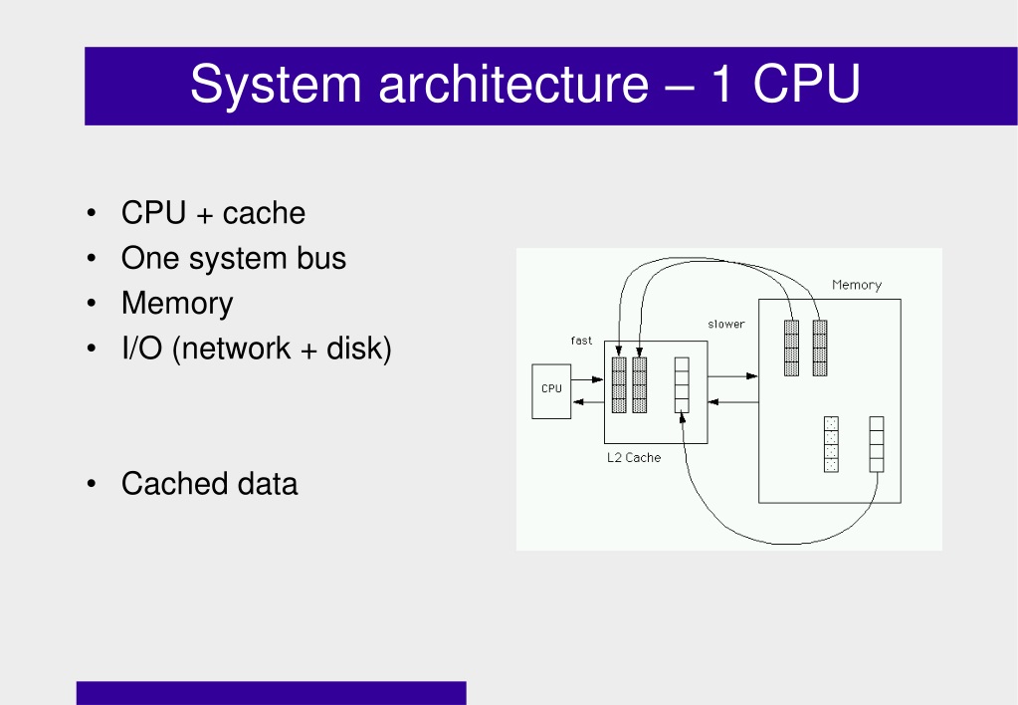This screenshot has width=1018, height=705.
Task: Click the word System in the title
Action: pos(276,85)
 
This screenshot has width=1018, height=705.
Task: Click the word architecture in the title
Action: pos(513,84)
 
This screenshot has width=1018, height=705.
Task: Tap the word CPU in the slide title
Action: pos(806,84)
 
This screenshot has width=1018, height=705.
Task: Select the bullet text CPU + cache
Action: pos(213,213)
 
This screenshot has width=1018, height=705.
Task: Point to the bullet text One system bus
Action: pos(234,258)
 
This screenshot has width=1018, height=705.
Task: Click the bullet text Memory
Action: pos(176,304)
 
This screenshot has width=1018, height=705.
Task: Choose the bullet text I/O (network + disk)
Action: pos(257,349)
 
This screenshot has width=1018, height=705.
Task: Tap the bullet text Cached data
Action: pos(209,484)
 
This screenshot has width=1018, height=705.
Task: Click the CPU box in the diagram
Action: pos(551,391)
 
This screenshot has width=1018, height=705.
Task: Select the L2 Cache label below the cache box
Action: pos(634,457)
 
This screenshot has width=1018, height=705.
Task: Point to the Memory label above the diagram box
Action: pos(857,285)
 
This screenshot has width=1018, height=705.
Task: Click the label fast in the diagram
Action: pos(581,341)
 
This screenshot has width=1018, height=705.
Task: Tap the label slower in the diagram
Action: pos(725,324)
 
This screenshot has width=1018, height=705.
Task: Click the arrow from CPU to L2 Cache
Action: pos(587,379)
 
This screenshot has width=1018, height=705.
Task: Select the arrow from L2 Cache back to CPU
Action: pos(588,402)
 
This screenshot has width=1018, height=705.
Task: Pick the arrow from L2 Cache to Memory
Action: pos(733,376)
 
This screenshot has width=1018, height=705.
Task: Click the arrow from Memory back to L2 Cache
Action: pos(733,402)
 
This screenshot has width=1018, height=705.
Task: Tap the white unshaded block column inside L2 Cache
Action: pos(682,384)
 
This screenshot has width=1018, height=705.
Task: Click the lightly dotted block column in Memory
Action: pos(831,444)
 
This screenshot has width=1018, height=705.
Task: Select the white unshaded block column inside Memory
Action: pos(877,444)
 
